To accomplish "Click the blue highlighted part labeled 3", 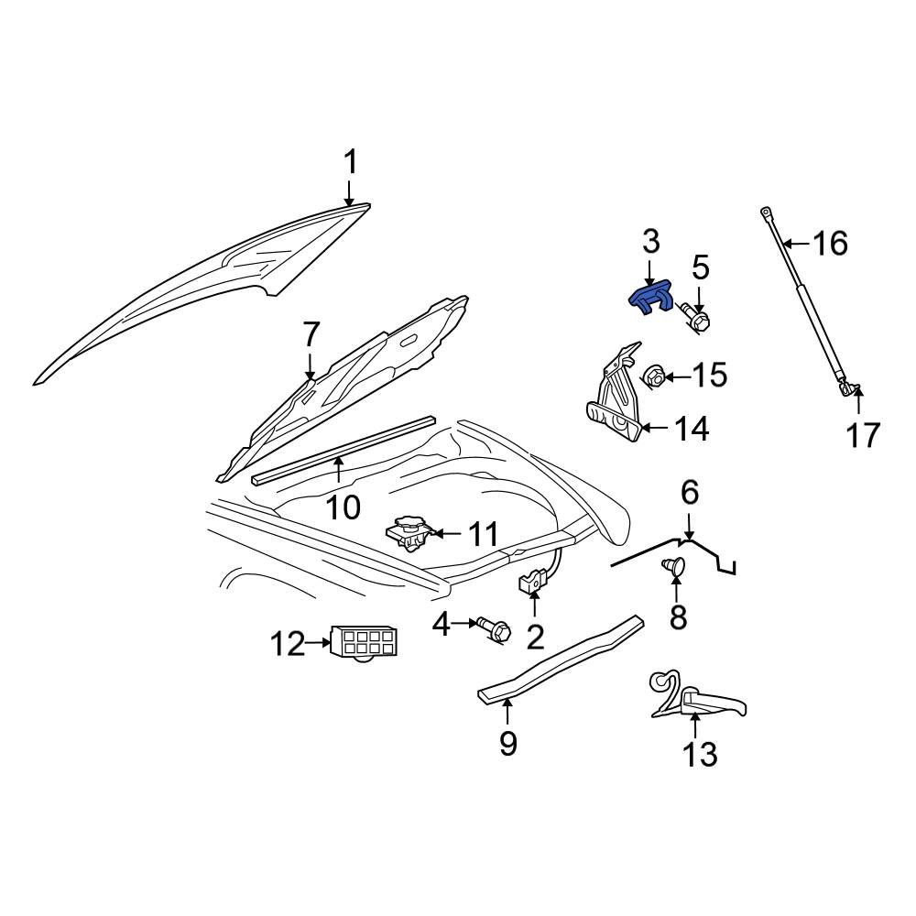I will (x=649, y=298).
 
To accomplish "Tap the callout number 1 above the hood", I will (x=350, y=164).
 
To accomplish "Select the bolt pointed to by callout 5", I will (x=697, y=319).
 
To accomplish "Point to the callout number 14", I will (x=692, y=428).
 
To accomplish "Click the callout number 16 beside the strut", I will (x=830, y=244).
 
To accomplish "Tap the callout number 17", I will (x=863, y=435).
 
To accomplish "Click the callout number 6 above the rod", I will (x=689, y=494).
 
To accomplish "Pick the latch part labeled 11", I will (x=409, y=532).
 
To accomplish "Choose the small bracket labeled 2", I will (x=532, y=583).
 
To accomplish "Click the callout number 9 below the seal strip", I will (x=508, y=743).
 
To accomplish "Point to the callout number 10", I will (x=344, y=506).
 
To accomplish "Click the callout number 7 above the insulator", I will (x=311, y=336).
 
